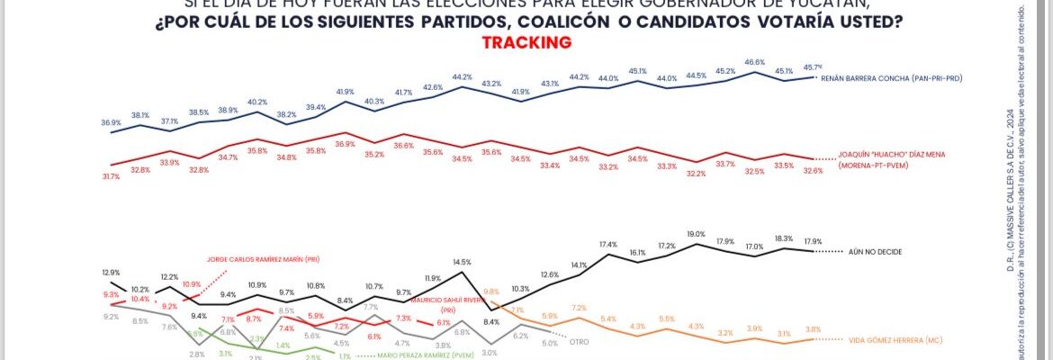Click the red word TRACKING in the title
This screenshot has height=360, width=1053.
pos(526,42)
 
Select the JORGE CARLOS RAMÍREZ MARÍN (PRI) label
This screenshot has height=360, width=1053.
pos(263,259)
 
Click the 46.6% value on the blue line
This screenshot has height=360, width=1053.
pos(754,62)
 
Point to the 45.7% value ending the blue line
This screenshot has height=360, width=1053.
pos(814,67)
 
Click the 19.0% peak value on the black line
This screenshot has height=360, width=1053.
pos(696,234)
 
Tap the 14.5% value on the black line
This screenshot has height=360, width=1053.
pos(462,262)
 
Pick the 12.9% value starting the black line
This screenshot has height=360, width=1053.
pos(111,272)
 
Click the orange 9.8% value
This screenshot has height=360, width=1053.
pos(491,292)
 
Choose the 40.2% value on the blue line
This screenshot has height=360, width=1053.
pos(257,102)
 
